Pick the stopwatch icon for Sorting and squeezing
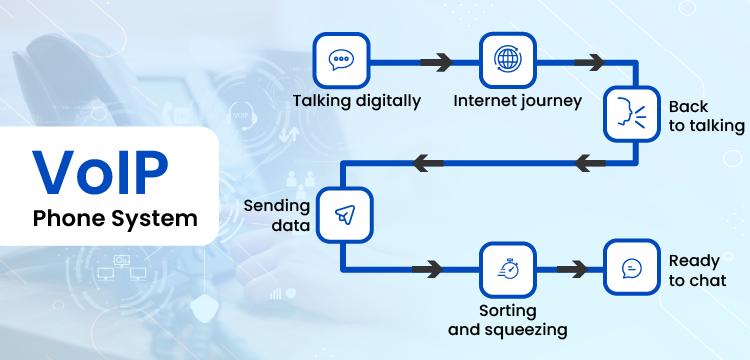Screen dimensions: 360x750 pos(508,268)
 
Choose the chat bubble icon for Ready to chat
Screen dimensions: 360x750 pos(632,268)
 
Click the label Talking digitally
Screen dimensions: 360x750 pos(357,101)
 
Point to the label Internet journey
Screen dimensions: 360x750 pos(518,101)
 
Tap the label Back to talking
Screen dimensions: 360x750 pos(706,116)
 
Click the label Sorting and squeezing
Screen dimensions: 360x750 pos(508,319)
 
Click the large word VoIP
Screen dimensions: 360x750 pos(103,170)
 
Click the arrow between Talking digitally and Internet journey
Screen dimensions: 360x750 pos(437,61)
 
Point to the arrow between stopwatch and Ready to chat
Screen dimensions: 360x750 pos(571,268)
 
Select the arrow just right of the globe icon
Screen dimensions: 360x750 pos(590,61)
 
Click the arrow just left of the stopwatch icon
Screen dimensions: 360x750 pos(427,268)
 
